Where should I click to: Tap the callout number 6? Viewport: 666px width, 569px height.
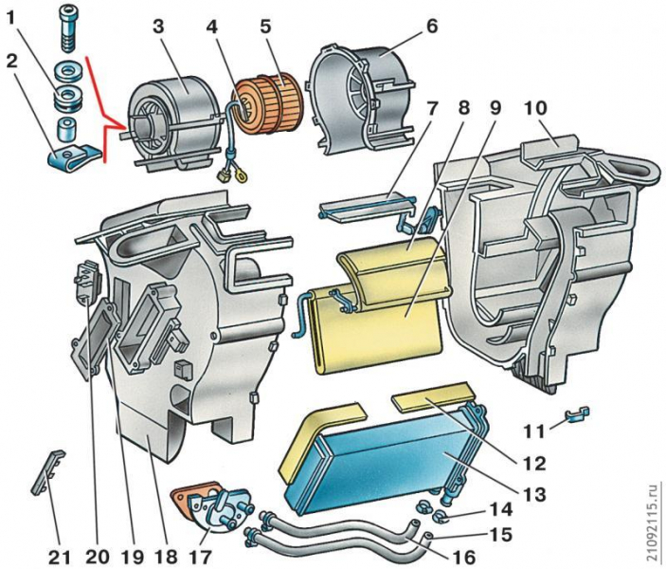click(432, 26)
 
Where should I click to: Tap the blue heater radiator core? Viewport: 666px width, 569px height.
click(388, 455)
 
